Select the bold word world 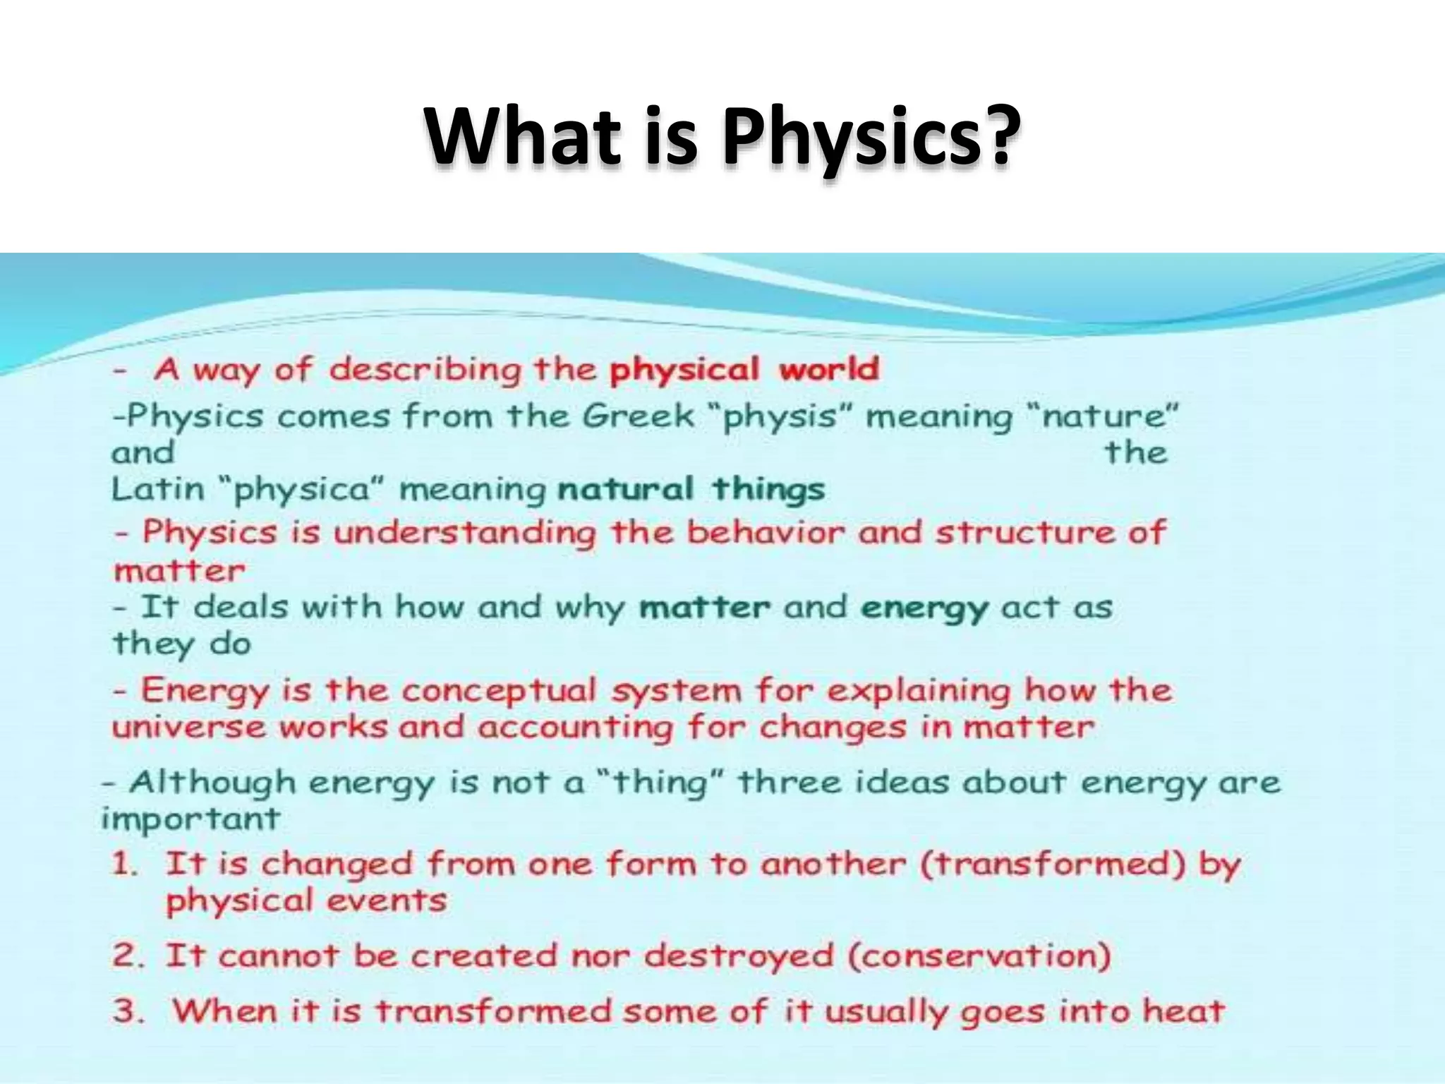[829, 369]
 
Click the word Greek [639, 416]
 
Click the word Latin [157, 489]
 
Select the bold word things [768, 489]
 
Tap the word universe [189, 728]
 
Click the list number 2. [128, 957]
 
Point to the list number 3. [128, 1011]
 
